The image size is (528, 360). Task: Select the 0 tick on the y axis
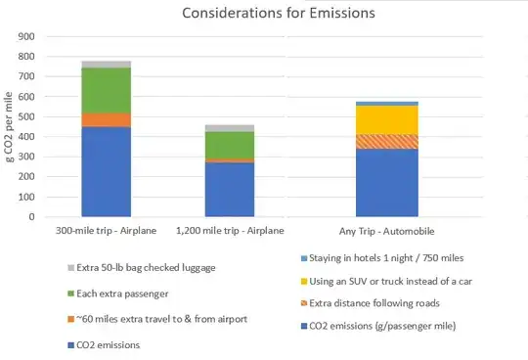31,217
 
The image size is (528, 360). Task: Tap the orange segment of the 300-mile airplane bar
107,119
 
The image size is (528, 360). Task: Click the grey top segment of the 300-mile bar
107,64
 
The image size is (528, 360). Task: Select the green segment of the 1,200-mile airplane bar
229,144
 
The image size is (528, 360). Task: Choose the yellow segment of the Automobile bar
386,119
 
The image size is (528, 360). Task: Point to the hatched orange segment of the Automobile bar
386,141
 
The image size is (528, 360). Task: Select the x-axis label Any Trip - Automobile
386,231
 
